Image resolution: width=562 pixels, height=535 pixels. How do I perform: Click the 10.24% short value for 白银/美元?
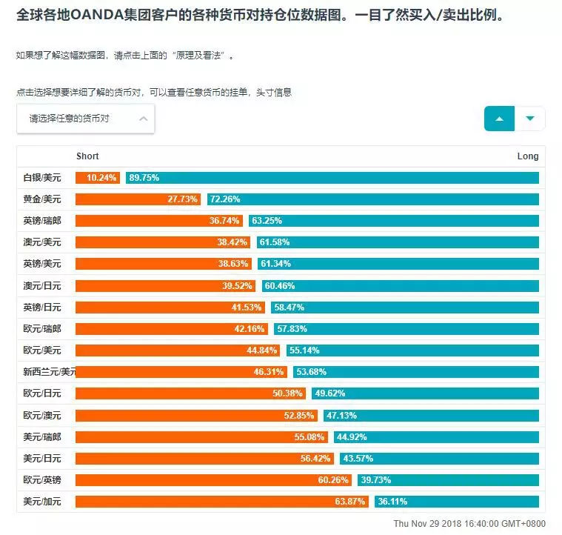[x=102, y=178]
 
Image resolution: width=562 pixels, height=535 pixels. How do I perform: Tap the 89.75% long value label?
[x=144, y=178]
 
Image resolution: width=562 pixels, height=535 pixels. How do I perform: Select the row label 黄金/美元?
[x=42, y=199]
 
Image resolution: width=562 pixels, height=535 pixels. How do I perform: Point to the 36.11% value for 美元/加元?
[x=392, y=502]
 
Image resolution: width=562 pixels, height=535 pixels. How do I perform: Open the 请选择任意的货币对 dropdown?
[x=86, y=119]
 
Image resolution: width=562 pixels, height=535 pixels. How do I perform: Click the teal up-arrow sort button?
[x=499, y=119]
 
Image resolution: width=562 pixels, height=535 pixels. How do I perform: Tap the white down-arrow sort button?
[x=529, y=119]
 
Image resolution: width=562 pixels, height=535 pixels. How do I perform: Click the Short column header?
[x=87, y=156]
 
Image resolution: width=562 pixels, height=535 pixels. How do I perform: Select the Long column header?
[x=528, y=156]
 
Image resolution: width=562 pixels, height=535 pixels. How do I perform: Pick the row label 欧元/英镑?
[x=42, y=480]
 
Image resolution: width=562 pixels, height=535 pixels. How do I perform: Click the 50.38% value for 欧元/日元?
[x=289, y=393]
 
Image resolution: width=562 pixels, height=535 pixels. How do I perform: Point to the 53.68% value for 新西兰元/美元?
[x=311, y=372]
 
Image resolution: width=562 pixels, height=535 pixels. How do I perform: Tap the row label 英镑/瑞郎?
[x=42, y=221]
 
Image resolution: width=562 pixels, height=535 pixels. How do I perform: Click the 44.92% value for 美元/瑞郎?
[x=352, y=437]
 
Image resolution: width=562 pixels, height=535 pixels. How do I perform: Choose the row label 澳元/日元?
[x=42, y=285]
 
